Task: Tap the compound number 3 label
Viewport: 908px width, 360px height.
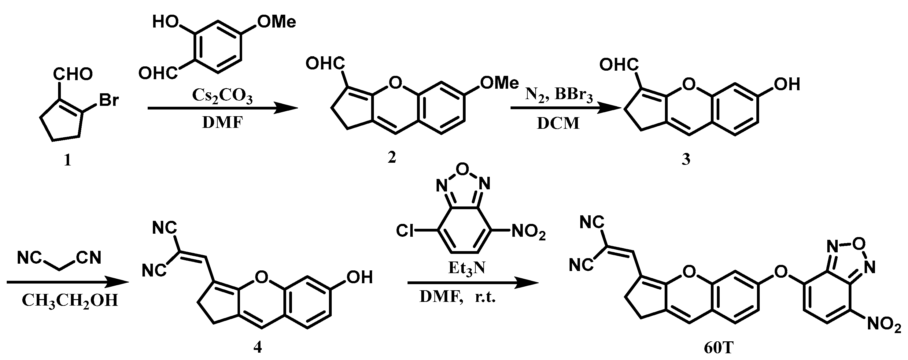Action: click(x=685, y=160)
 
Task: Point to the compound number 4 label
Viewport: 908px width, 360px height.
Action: click(x=258, y=347)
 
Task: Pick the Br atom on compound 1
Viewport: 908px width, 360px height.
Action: click(x=109, y=101)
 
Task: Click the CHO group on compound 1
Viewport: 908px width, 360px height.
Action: click(x=73, y=74)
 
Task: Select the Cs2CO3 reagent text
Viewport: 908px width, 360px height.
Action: click(x=222, y=96)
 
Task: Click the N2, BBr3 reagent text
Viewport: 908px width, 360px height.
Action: click(x=559, y=95)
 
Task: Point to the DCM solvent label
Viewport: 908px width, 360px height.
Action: click(x=558, y=123)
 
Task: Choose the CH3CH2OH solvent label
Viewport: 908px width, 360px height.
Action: click(x=70, y=301)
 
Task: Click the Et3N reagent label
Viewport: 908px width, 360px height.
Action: click(x=466, y=269)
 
